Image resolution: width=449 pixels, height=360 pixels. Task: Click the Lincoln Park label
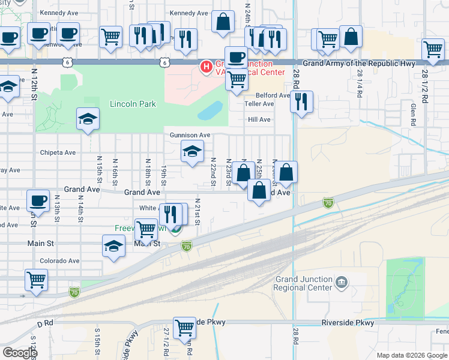(x=133, y=104)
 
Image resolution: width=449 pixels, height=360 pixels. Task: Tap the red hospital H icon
(x=206, y=67)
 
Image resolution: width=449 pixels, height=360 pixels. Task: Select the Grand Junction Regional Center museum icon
(x=342, y=281)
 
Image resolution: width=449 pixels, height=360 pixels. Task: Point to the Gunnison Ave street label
(x=190, y=136)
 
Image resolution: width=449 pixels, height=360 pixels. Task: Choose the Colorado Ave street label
(x=59, y=261)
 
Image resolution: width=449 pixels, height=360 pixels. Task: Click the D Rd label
(x=46, y=324)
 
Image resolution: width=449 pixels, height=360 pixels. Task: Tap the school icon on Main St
(x=113, y=246)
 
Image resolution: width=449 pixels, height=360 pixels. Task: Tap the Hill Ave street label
(x=260, y=119)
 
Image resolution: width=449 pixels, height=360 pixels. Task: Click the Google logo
(x=20, y=352)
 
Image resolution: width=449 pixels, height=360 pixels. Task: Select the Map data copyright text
(x=412, y=355)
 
